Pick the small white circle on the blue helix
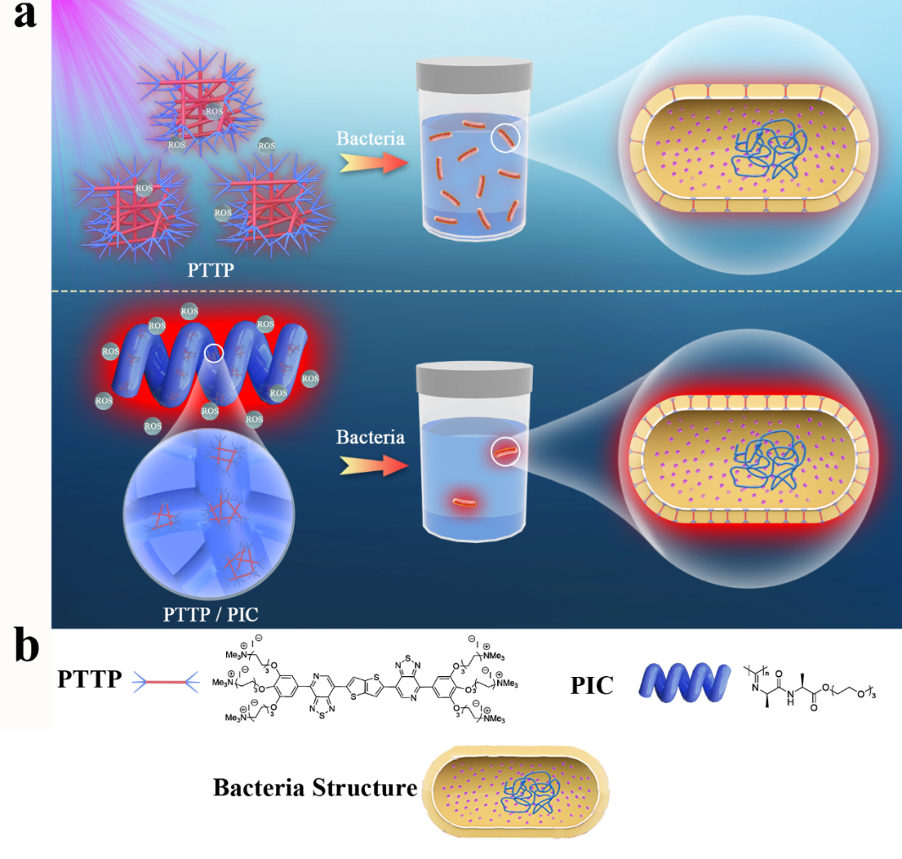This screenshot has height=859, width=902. click(x=215, y=352)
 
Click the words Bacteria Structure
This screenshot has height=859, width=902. click(x=315, y=788)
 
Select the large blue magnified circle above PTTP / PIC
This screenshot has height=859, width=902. click(x=210, y=512)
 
